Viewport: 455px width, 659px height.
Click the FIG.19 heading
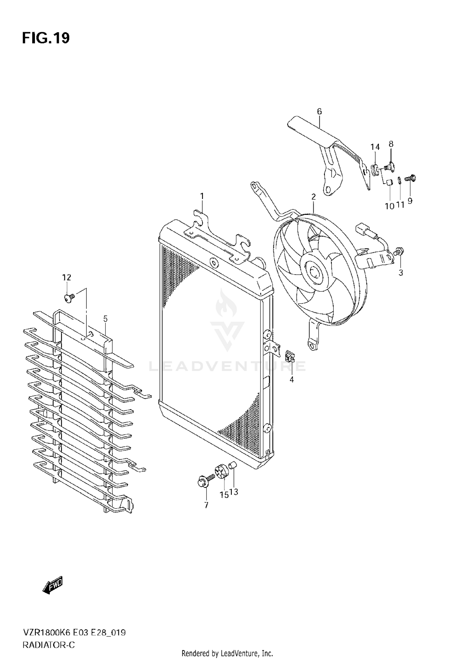[46, 38]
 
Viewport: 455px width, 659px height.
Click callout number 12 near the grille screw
[67, 277]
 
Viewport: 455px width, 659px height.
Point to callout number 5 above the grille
[105, 319]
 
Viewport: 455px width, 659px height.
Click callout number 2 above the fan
[313, 197]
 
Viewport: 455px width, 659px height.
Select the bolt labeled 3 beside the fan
[399, 251]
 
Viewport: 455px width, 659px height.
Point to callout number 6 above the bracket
[319, 111]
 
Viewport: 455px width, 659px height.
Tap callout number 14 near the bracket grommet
[375, 147]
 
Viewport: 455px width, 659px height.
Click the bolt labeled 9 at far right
[411, 178]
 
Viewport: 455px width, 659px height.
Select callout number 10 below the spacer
[389, 206]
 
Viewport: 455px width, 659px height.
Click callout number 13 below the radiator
[234, 492]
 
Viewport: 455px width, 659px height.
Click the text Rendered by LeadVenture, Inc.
[227, 653]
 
